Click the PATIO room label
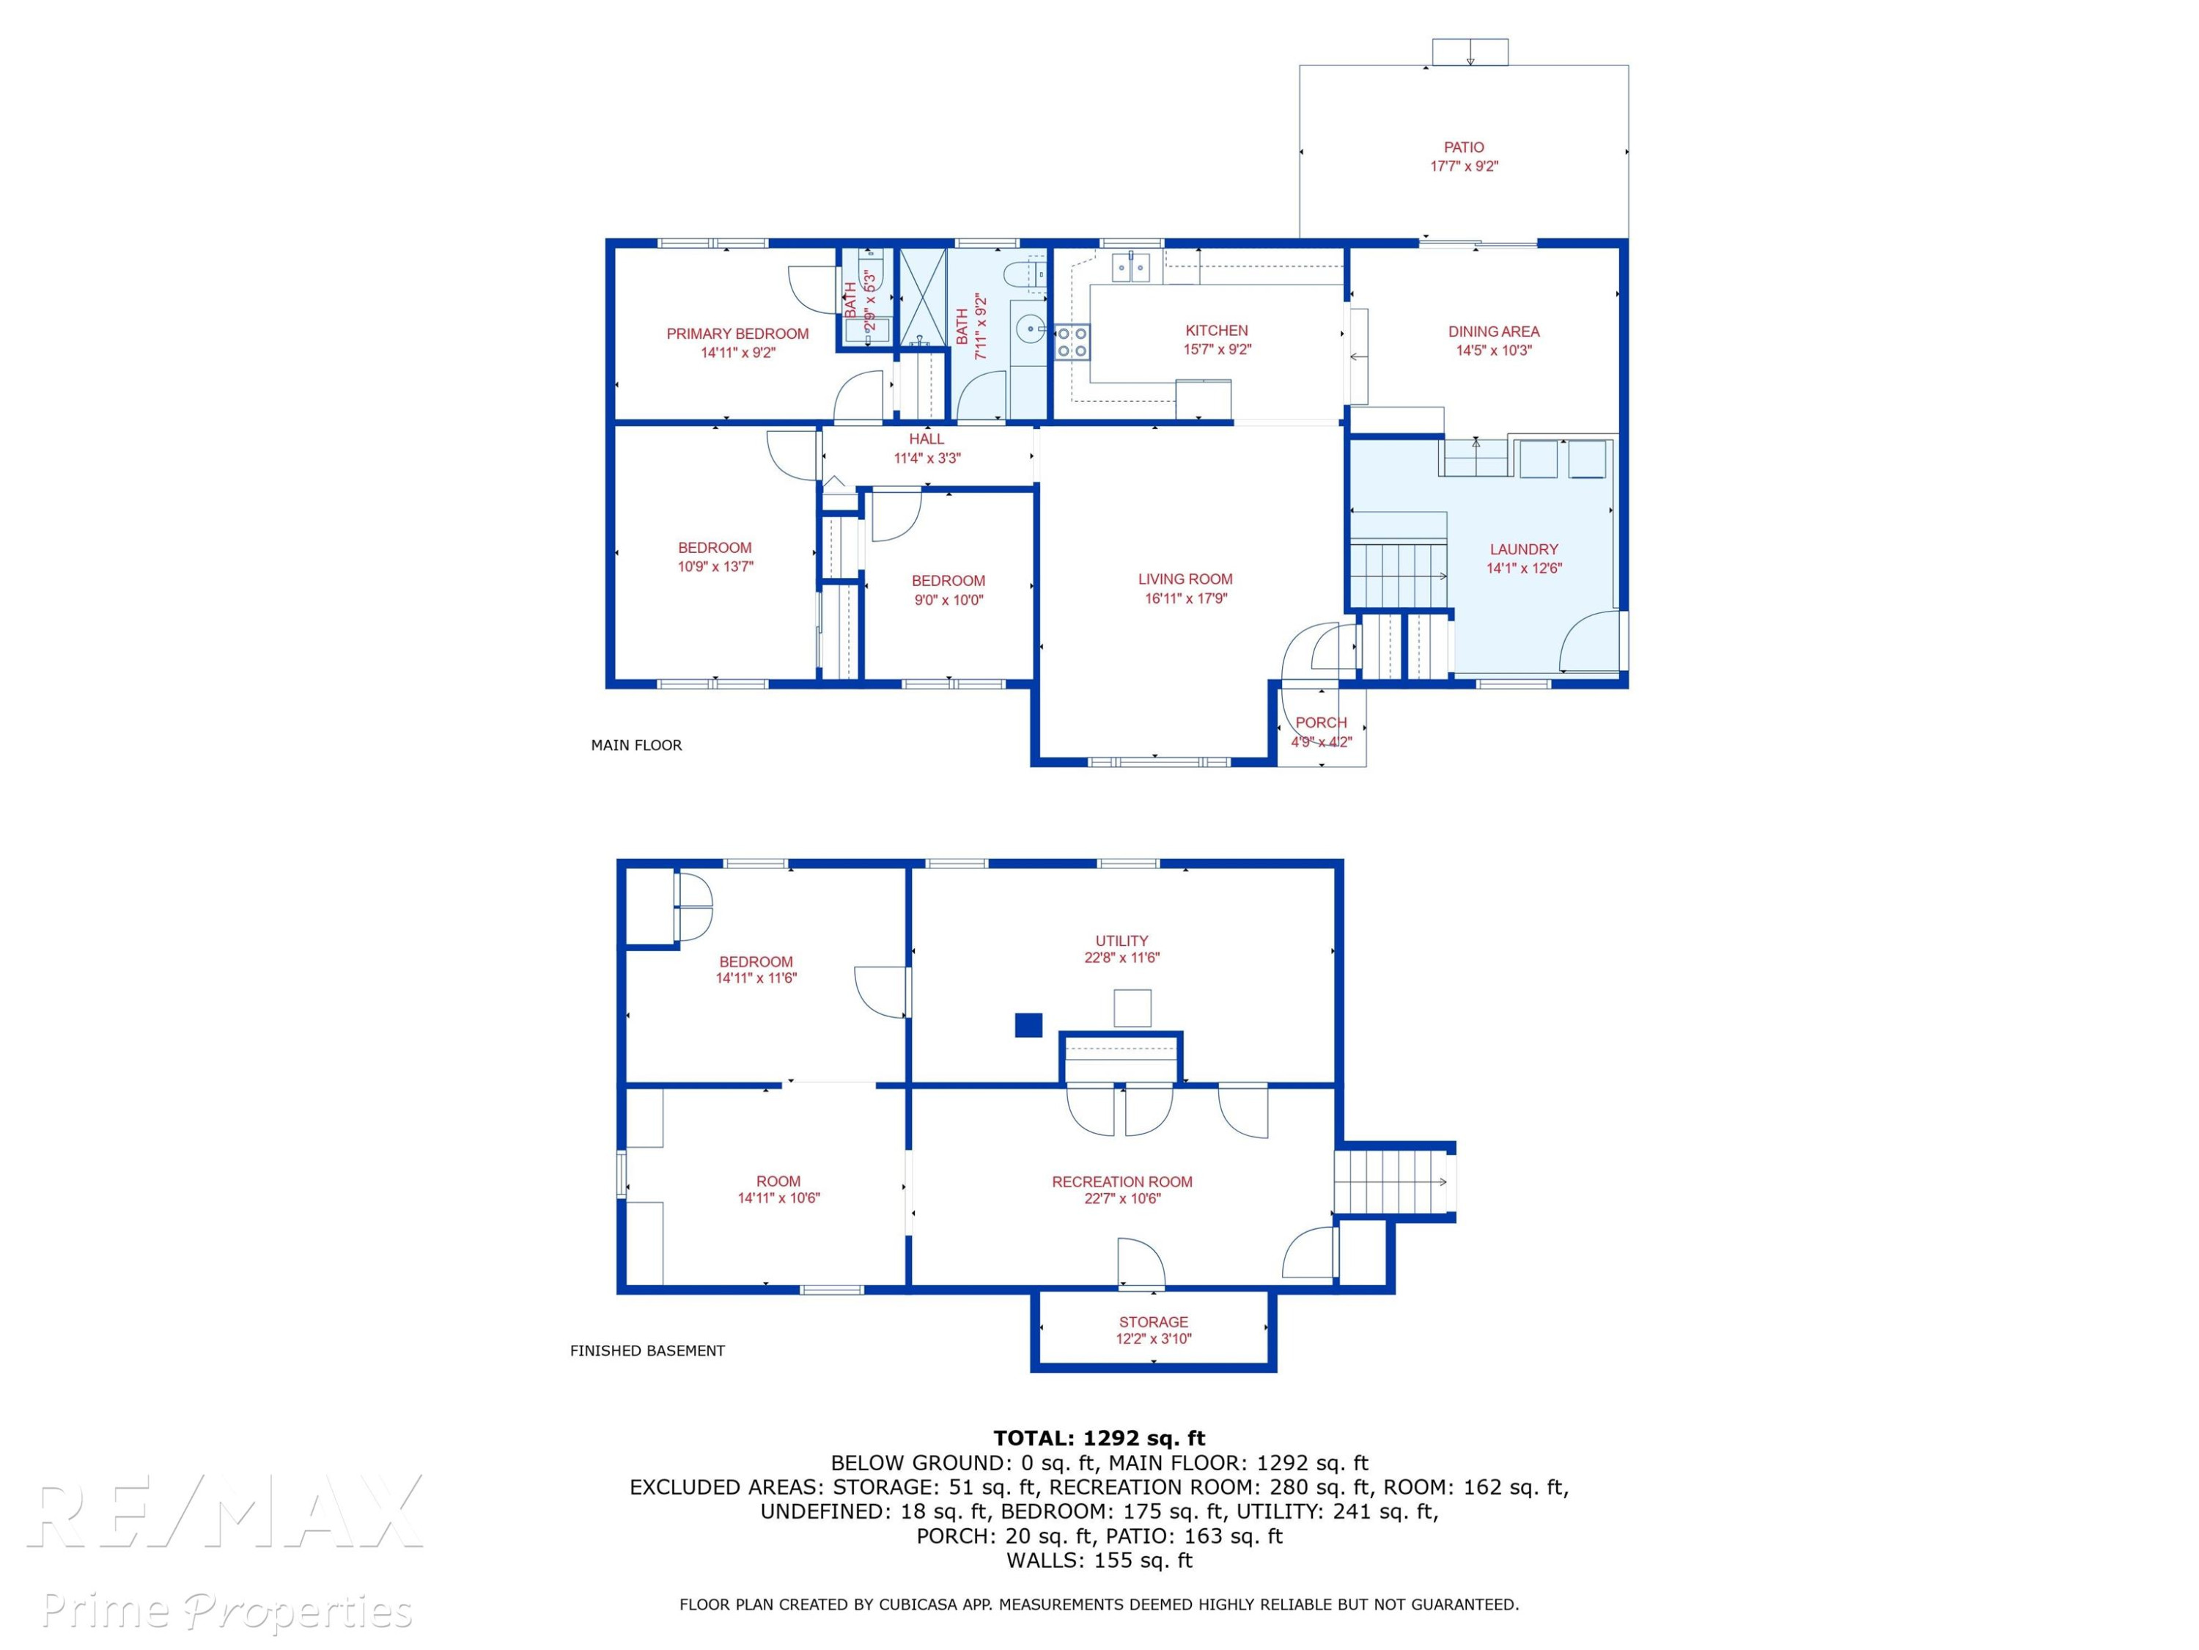tap(1463, 147)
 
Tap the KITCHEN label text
tap(1216, 330)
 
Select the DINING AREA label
tap(1493, 331)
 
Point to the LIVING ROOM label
tap(1185, 579)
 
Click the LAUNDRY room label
tap(1523, 549)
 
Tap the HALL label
tap(927, 439)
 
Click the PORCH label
tap(1321, 723)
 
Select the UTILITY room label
tap(1121, 941)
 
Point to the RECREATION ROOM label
tap(1121, 1181)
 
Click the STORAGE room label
tap(1153, 1321)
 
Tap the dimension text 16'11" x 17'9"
tap(1185, 598)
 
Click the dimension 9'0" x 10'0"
tap(949, 600)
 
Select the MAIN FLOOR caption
tap(636, 745)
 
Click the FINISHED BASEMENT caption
tap(647, 1351)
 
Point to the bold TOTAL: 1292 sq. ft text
tap(1099, 1437)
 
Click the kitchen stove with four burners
tap(1072, 342)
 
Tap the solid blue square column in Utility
tap(1028, 1024)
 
